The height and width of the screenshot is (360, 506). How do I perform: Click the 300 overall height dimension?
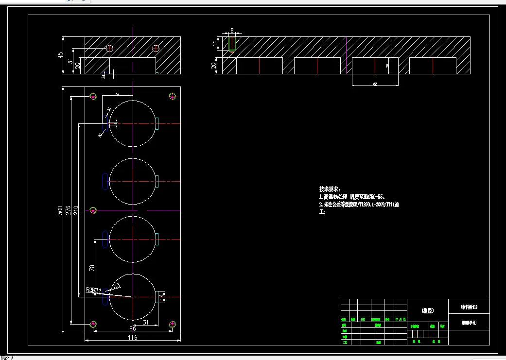coord(60,210)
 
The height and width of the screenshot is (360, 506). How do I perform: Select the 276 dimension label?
coord(68,210)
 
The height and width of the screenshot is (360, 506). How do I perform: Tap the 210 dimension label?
coord(76,210)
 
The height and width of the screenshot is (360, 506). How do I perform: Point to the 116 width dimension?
coord(132,338)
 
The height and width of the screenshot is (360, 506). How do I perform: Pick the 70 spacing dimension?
coord(91,268)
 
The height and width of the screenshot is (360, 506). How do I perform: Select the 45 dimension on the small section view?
coord(60,55)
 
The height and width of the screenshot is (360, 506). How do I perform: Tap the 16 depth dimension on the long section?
coord(215,43)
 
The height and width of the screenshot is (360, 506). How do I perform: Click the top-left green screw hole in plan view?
coord(93,96)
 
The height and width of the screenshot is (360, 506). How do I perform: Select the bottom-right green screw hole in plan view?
coord(172,324)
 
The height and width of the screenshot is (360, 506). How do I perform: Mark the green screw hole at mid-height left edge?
coord(93,210)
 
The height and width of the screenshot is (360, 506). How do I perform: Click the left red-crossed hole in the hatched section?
coord(109,48)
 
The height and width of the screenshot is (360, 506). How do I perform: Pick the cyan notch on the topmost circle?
coord(157,123)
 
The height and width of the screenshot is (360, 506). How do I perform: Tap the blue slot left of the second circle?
coord(105,181)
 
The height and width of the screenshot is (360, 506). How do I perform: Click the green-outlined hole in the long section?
coord(232,44)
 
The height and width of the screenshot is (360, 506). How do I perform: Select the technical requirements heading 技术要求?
coord(330,189)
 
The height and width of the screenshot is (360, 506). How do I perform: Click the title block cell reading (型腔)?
coord(428,310)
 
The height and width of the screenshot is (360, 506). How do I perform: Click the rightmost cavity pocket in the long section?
coord(433,66)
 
